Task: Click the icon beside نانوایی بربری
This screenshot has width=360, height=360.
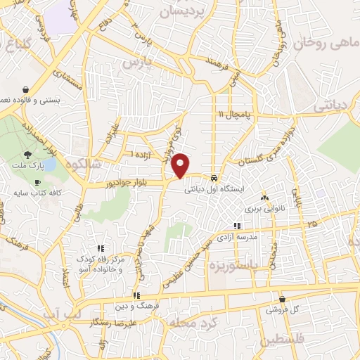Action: click(x=265, y=198)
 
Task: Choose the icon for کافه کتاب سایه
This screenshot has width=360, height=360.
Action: click(x=37, y=182)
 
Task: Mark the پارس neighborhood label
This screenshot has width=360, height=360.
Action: click(x=139, y=62)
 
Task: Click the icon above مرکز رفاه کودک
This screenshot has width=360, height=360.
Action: click(x=101, y=247)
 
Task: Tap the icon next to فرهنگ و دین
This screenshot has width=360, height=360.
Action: click(x=136, y=296)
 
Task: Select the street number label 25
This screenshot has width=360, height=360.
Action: click(x=311, y=223)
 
